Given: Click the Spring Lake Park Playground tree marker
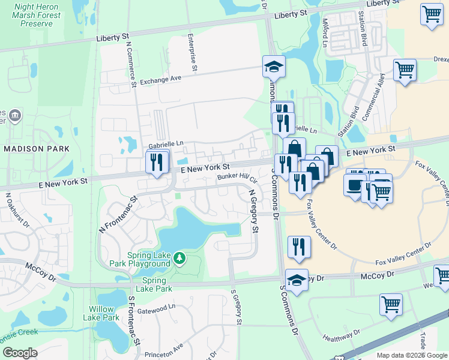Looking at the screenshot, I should click(179, 259).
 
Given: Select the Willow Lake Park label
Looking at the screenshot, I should click(101, 313).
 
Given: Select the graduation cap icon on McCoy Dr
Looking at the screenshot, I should click(297, 280).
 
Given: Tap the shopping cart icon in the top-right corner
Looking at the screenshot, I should click(432, 14).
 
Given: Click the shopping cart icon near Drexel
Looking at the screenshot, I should click(405, 70).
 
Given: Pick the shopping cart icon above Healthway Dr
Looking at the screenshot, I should click(391, 304).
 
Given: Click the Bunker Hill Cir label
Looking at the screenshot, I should click(237, 178).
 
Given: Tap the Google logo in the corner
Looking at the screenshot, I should click(20, 353).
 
